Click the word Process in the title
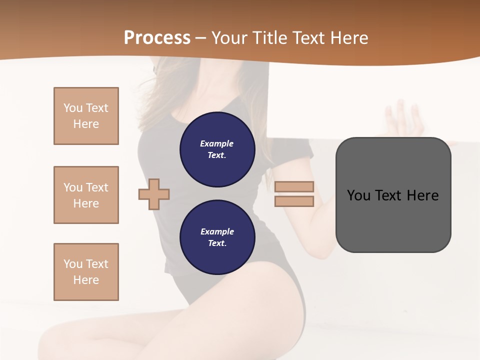click(x=157, y=38)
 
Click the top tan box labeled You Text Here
click(x=86, y=116)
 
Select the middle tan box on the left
click(x=86, y=195)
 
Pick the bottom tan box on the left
click(x=86, y=272)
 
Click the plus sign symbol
click(x=154, y=194)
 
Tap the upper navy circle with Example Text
click(x=217, y=149)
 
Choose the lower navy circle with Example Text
click(x=217, y=237)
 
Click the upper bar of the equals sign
click(x=294, y=187)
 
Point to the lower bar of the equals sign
click(x=294, y=201)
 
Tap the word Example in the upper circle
click(x=217, y=143)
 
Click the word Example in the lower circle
click(x=217, y=231)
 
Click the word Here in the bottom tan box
click(x=86, y=280)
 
